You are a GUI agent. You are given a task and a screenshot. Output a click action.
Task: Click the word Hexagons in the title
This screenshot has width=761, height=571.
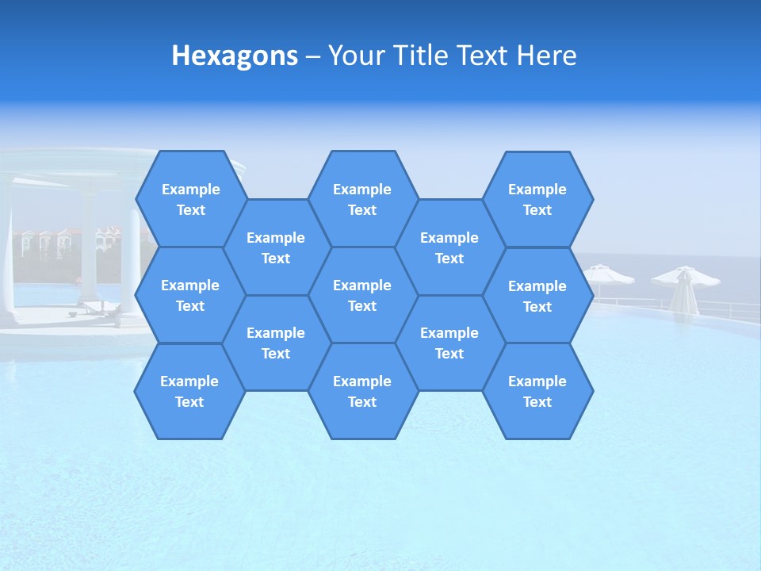(x=235, y=56)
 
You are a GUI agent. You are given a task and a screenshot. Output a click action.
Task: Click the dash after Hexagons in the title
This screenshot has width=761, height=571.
(x=312, y=56)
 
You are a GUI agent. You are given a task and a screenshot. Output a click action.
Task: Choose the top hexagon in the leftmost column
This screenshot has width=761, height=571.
(x=190, y=199)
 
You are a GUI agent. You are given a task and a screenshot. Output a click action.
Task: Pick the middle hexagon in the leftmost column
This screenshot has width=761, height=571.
(x=190, y=295)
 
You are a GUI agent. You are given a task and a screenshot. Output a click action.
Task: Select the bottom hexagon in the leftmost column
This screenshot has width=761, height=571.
(x=189, y=391)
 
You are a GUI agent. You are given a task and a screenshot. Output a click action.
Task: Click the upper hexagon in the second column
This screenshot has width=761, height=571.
(x=276, y=247)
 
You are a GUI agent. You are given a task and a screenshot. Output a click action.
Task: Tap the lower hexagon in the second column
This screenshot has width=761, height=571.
(x=276, y=343)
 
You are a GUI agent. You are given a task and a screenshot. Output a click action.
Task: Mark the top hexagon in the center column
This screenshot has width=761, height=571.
(x=362, y=199)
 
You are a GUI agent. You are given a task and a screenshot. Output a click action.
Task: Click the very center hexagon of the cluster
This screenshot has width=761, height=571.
(x=362, y=295)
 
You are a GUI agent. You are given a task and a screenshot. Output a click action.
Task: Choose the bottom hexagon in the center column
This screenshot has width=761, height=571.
(x=362, y=391)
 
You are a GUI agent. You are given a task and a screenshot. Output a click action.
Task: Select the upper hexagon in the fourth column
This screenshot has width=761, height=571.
(x=449, y=247)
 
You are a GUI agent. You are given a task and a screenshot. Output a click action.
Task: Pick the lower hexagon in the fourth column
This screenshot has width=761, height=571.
(x=449, y=343)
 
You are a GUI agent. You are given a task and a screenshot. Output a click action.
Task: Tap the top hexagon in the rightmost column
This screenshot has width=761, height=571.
(x=537, y=199)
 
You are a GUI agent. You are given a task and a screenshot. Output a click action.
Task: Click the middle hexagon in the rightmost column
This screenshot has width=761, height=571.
(x=537, y=296)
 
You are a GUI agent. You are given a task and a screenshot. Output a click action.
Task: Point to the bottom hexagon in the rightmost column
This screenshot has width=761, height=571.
(x=537, y=391)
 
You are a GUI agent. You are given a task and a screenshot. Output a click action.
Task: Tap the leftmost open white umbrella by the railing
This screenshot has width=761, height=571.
(x=609, y=274)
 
